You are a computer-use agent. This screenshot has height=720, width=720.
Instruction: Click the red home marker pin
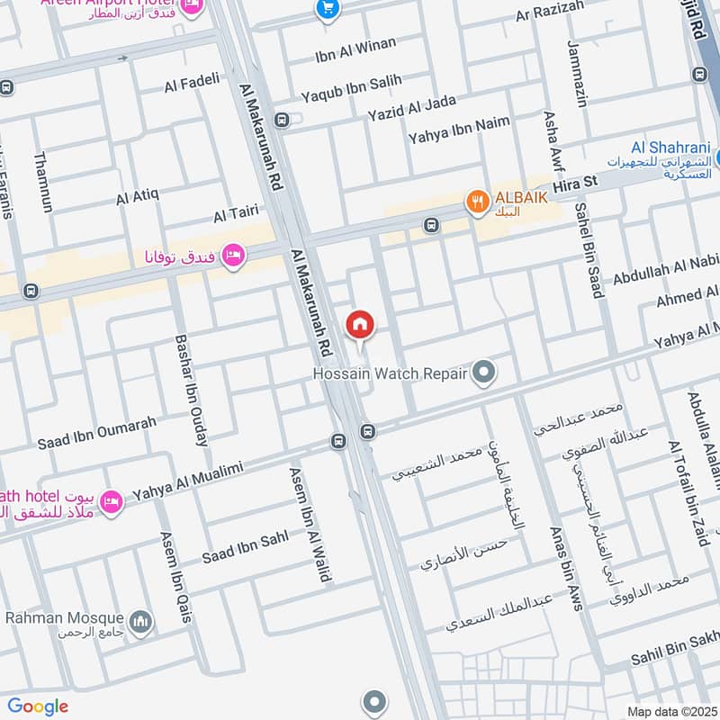360,323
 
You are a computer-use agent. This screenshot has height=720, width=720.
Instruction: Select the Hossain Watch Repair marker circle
485,371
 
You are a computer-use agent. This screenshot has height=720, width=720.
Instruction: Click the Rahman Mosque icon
140,620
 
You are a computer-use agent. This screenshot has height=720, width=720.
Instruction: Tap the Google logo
38,706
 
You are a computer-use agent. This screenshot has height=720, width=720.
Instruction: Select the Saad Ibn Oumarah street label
96,433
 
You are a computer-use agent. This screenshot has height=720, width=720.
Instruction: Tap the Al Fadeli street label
192,84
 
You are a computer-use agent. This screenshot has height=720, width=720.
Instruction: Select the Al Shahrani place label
670,148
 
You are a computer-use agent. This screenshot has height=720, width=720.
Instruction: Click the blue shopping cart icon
327,9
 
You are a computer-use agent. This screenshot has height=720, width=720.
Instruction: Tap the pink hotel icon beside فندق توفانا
234,256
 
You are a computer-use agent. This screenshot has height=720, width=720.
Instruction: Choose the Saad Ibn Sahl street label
245,544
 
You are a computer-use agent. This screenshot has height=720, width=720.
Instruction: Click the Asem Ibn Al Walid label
309,524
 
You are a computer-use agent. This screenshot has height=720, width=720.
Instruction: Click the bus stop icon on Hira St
431,224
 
